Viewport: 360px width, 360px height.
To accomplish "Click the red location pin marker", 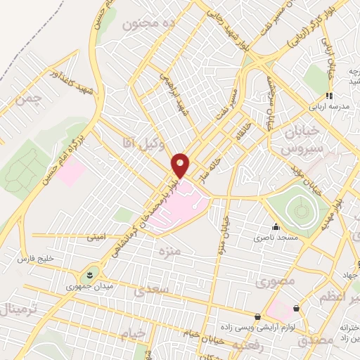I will (181, 165).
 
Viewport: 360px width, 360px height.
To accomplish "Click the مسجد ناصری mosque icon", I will (276, 227).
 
